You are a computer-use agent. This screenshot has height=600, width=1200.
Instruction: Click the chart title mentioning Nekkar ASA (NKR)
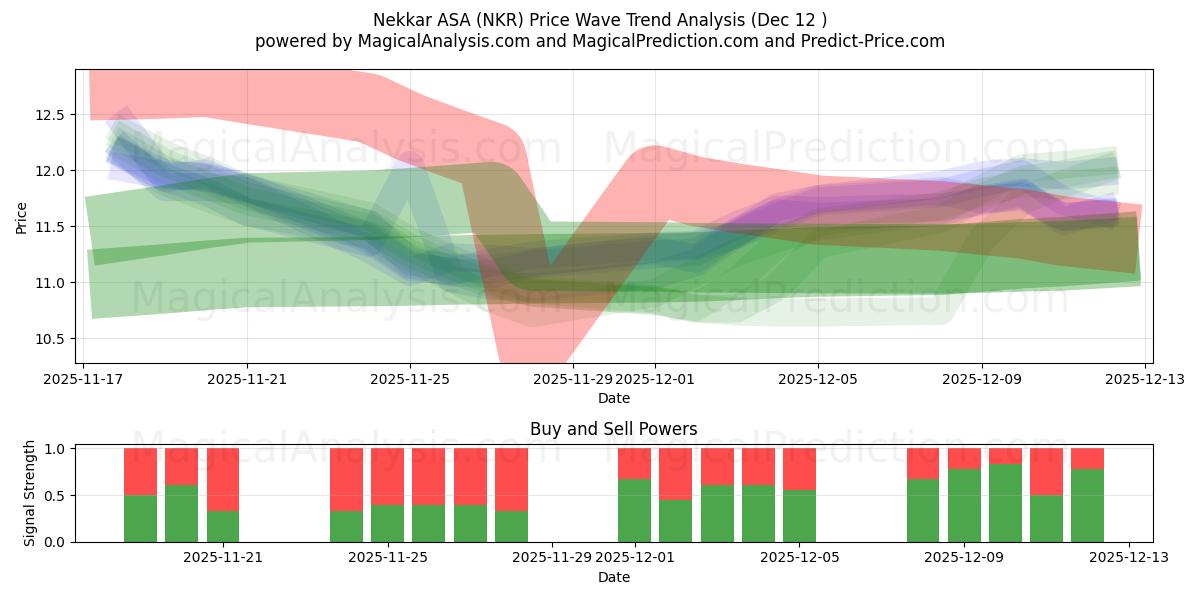click(599, 19)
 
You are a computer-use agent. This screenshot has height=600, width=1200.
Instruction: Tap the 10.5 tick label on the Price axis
click(50, 339)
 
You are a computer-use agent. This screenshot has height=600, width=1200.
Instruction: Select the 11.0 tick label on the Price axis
click(50, 283)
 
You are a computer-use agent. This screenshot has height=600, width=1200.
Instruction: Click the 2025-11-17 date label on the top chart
click(84, 380)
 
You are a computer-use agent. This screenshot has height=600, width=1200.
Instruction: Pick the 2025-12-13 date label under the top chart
click(1144, 380)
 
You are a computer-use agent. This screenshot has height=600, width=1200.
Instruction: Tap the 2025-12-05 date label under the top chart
click(818, 380)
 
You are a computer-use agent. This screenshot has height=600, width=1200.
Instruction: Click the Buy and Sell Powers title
click(613, 429)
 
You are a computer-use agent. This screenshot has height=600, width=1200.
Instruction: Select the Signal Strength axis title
click(30, 493)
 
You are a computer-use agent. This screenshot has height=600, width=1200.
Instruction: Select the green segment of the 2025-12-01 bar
click(634, 510)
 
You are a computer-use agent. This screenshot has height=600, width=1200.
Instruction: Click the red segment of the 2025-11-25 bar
click(387, 476)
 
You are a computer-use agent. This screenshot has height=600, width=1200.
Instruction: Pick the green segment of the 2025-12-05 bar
click(799, 516)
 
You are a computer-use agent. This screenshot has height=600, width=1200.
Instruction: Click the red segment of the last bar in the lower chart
click(1087, 458)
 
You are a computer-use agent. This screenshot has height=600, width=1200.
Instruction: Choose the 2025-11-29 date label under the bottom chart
click(552, 558)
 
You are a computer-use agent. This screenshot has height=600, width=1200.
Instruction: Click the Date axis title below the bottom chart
click(613, 577)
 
